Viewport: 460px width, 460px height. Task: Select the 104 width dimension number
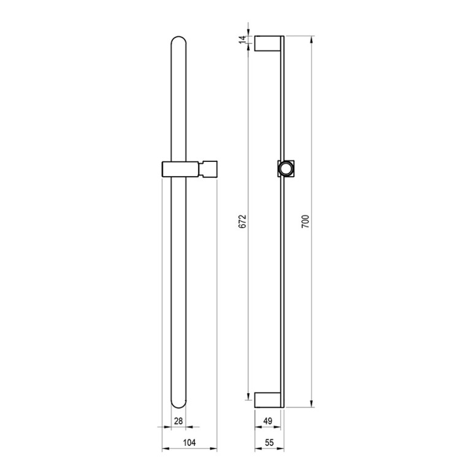190,442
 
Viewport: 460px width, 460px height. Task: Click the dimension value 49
268,421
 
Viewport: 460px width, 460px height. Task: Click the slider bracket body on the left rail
179,169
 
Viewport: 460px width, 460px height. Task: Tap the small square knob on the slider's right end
209,169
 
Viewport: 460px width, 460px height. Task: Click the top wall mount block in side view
267,44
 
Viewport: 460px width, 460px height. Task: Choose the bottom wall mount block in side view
267,399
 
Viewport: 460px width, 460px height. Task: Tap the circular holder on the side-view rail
286,168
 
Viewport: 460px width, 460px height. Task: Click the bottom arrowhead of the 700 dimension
312,404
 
